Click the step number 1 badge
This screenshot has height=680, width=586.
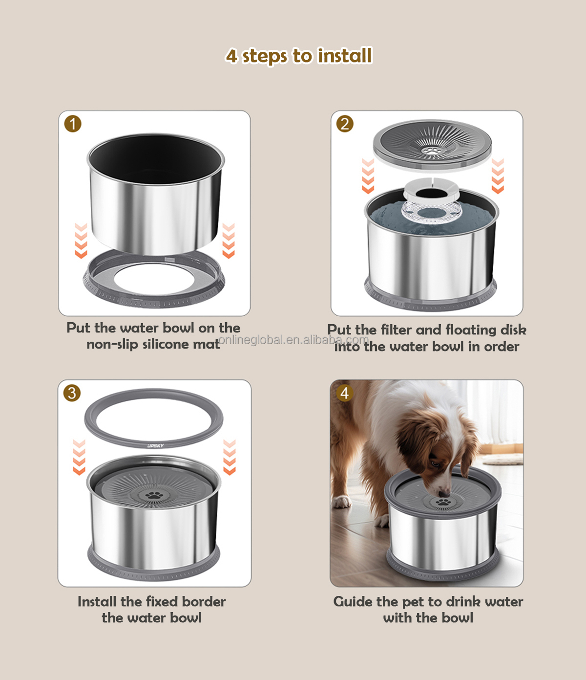[73, 124]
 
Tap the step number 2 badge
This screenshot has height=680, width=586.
[345, 124]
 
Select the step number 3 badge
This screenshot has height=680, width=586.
[72, 393]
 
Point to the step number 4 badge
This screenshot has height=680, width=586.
[345, 393]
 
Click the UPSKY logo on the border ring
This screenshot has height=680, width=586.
[155, 446]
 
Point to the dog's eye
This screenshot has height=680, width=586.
[436, 464]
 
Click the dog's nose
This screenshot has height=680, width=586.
[444, 493]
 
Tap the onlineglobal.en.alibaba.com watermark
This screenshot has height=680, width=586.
[293, 340]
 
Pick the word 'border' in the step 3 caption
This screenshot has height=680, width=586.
[204, 602]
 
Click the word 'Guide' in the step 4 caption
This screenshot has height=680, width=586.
[353, 602]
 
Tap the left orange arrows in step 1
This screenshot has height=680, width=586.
[81, 241]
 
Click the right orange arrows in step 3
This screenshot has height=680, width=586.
[230, 457]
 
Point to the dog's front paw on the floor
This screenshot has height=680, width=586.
[342, 502]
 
